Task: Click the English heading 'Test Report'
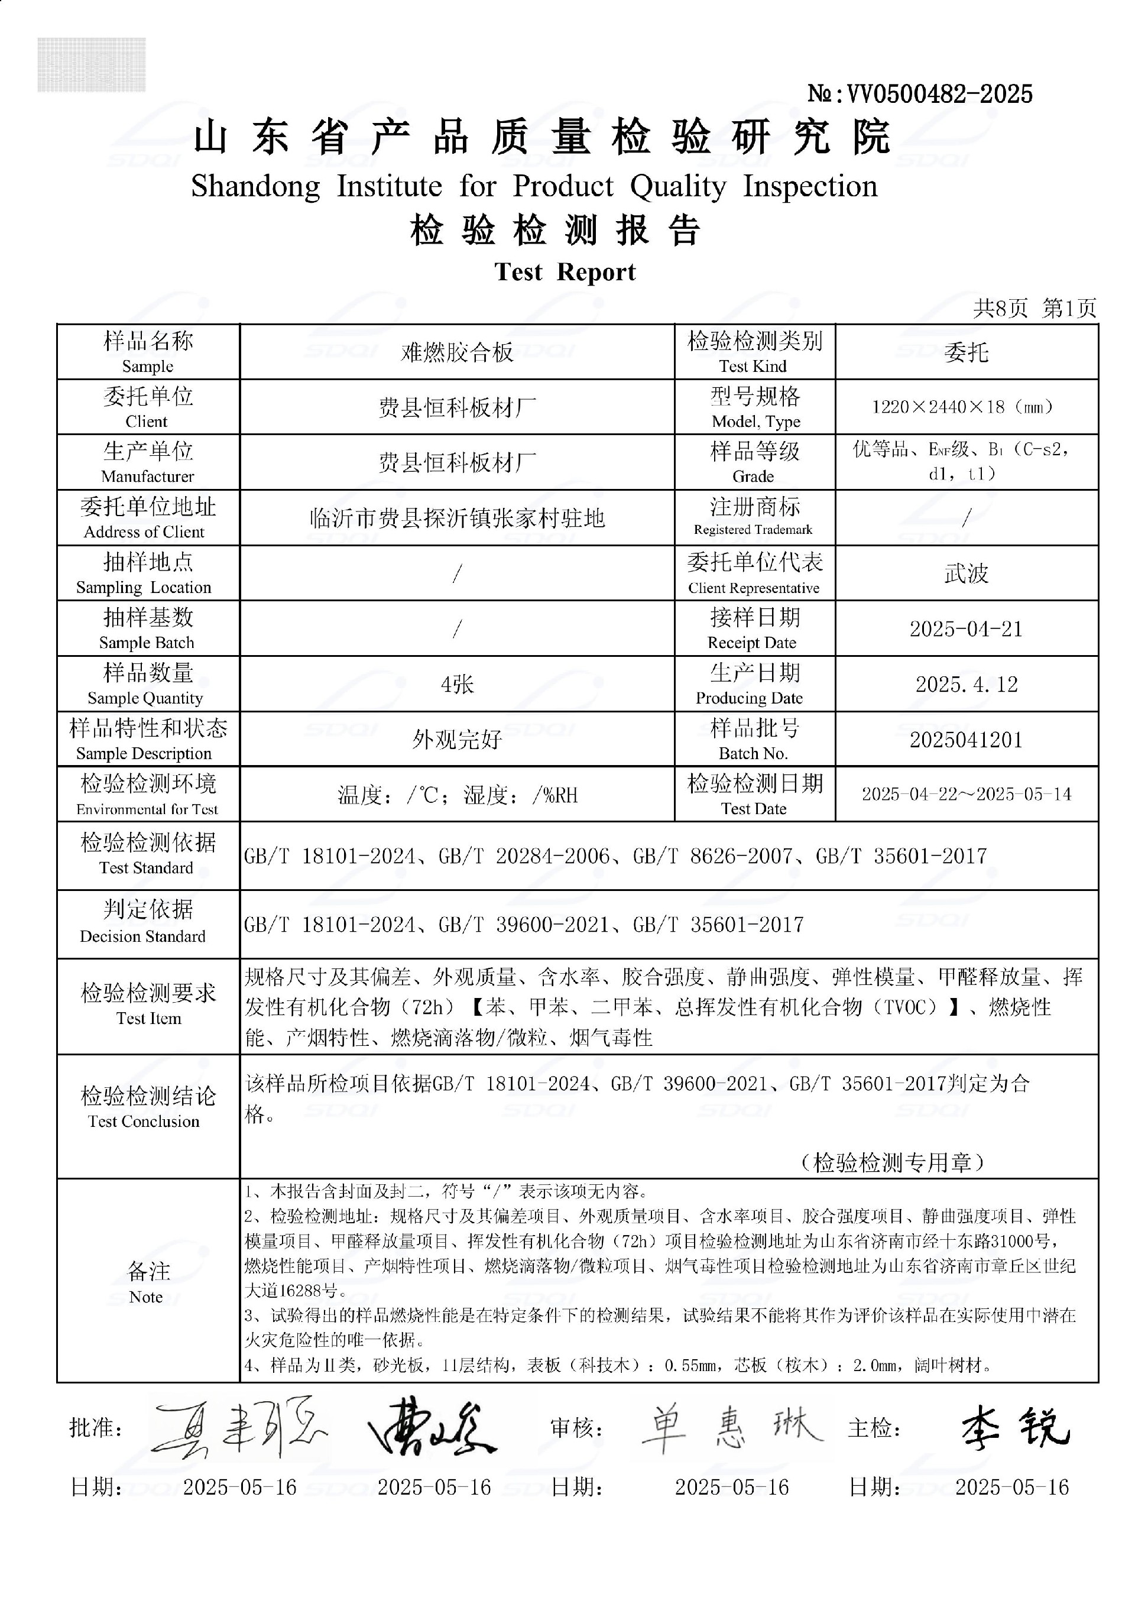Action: coord(565,272)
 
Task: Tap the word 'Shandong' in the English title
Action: coord(256,187)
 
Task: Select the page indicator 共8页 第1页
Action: coord(1035,307)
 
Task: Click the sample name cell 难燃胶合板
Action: coord(457,352)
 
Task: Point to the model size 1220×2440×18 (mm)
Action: coord(966,407)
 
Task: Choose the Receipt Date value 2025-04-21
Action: coord(966,629)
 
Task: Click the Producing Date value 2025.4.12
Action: coord(966,684)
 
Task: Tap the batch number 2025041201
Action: coord(966,740)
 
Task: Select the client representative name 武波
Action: coord(966,574)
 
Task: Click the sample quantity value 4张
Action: coord(457,684)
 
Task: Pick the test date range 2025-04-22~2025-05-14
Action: coord(966,795)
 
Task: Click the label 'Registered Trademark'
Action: coord(753,530)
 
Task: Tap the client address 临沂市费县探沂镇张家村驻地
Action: coord(457,519)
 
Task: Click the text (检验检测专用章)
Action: coord(893,1162)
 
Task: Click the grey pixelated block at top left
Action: coord(92,65)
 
